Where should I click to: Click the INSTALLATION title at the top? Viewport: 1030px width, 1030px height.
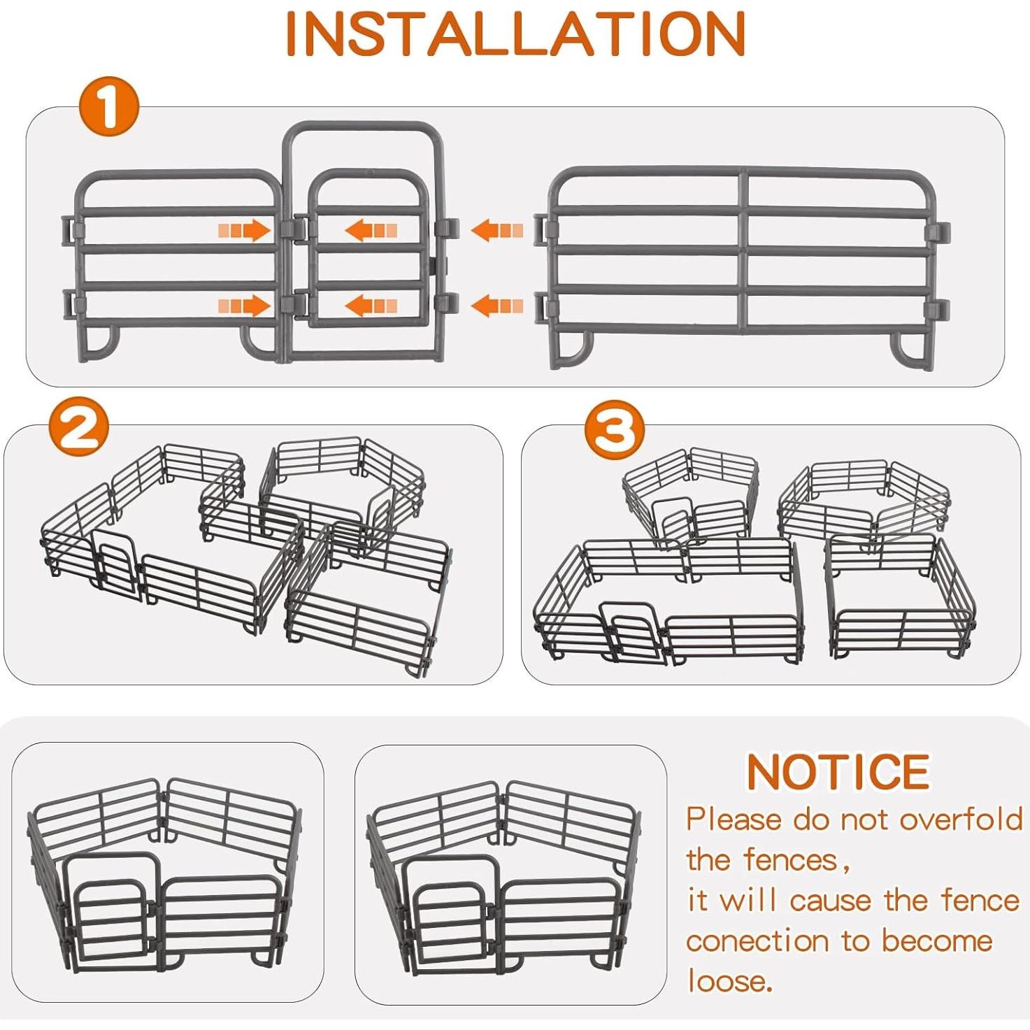516,33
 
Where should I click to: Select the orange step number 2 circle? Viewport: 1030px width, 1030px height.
79,428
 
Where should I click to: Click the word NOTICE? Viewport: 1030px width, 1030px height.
838,772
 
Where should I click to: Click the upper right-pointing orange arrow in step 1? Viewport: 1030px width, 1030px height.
245,231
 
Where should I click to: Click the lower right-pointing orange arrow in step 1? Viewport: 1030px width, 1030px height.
245,306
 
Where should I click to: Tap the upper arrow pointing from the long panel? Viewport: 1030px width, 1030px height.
497,231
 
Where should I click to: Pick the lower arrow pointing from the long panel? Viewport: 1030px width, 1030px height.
497,306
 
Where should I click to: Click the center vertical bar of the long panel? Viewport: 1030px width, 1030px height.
743,251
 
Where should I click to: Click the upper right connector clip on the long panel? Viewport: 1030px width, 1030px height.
937,231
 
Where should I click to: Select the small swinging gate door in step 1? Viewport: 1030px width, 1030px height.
368,248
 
